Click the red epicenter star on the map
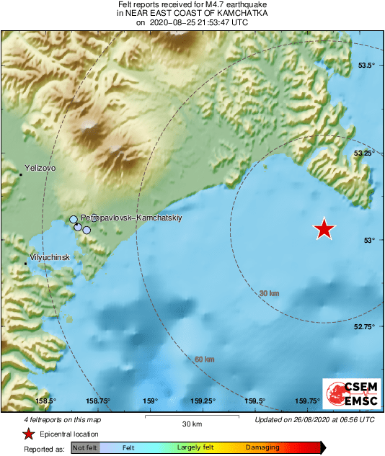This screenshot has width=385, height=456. pyautogui.click(x=324, y=228)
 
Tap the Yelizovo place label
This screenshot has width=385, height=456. pyautogui.click(x=40, y=167)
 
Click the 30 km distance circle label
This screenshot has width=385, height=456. pyautogui.click(x=269, y=293)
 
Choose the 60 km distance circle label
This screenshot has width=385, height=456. pyautogui.click(x=204, y=359)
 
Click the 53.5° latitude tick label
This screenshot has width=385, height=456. pyautogui.click(x=367, y=65)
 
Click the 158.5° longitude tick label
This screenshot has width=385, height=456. pyautogui.click(x=45, y=401)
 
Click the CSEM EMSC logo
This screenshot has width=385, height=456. pyautogui.click(x=349, y=395)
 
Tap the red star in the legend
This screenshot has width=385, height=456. pyautogui.click(x=28, y=434)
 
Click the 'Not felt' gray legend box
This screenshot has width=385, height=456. pyautogui.click(x=84, y=447)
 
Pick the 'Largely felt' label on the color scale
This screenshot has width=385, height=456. pyautogui.click(x=193, y=447)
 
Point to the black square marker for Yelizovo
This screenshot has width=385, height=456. pyautogui.click(x=22, y=174)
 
